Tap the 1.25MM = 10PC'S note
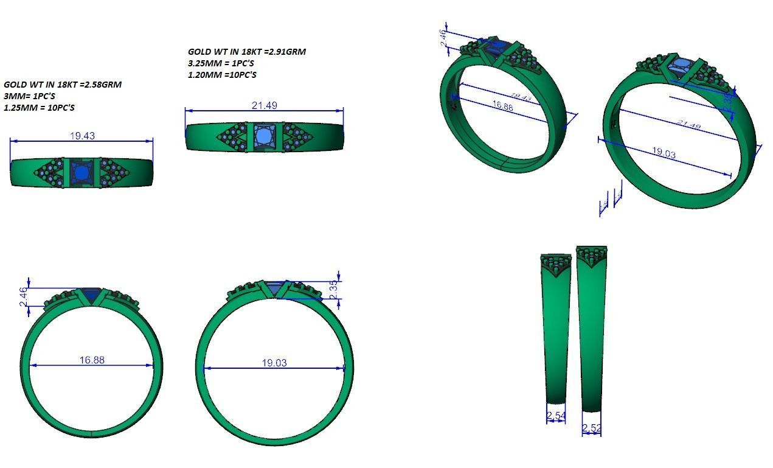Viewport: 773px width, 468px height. pyautogui.click(x=40, y=108)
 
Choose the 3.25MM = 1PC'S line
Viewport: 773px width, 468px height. pyautogui.click(x=221, y=63)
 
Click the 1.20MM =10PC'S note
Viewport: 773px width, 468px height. pyautogui.click(x=222, y=75)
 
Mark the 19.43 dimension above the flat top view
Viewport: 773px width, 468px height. pyautogui.click(x=82, y=136)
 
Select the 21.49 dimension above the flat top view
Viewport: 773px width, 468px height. pyautogui.click(x=264, y=105)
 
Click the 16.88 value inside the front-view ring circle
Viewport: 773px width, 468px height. pyautogui.click(x=91, y=360)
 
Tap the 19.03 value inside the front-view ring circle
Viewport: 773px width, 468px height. pyautogui.click(x=274, y=363)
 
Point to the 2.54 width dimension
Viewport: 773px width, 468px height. pyautogui.click(x=556, y=416)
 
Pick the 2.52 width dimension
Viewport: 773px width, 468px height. pyautogui.click(x=591, y=428)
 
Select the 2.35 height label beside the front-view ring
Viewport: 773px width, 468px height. pyautogui.click(x=333, y=290)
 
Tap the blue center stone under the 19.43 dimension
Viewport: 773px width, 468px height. pyautogui.click(x=81, y=173)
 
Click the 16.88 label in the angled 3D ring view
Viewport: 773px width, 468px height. pyautogui.click(x=502, y=106)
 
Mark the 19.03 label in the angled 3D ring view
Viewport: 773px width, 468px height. pyautogui.click(x=663, y=153)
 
